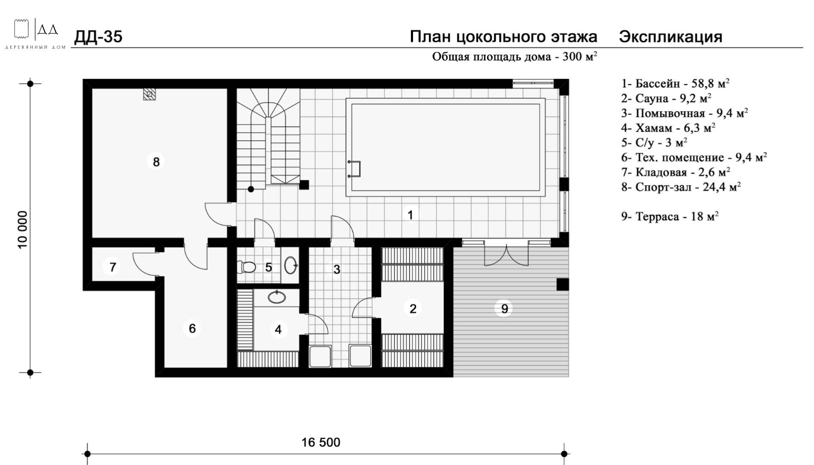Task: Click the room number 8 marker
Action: [x=156, y=162]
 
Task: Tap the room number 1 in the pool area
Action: [x=410, y=215]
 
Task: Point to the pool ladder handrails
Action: [x=354, y=169]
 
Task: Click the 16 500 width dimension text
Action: [x=321, y=442]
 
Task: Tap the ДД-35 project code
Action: [x=98, y=37]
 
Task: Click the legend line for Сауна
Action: [x=666, y=99]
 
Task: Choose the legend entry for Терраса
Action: [x=670, y=216]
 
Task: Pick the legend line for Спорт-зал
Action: [x=681, y=187]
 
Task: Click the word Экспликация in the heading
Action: [x=671, y=37]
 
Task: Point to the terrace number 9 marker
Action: [x=504, y=309]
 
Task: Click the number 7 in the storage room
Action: [x=113, y=267]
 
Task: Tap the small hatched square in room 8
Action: [x=149, y=94]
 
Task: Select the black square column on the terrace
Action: [x=562, y=284]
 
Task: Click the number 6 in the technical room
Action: [x=192, y=329]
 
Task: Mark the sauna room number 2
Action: [x=413, y=308]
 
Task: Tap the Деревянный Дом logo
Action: [x=35, y=34]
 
